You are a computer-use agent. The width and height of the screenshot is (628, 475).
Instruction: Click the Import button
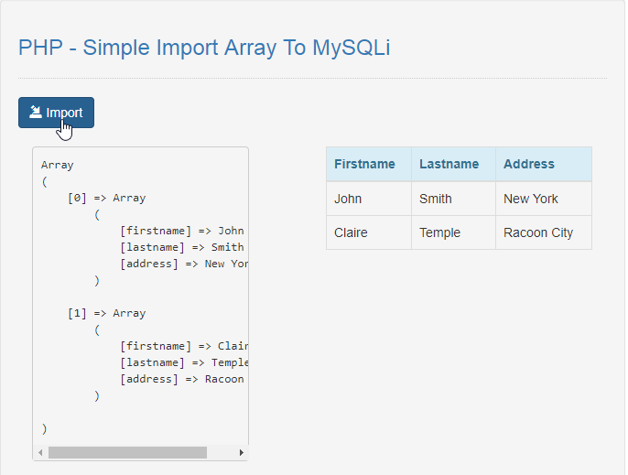point(56,113)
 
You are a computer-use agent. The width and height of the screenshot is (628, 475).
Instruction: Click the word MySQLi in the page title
point(351,48)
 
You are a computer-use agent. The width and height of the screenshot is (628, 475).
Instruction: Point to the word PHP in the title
point(40,48)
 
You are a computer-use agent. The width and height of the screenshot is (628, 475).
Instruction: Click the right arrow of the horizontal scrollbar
point(241,452)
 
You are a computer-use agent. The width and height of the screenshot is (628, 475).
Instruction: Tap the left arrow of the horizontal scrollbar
point(40,452)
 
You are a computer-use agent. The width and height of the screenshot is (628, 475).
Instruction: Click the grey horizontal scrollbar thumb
point(127,452)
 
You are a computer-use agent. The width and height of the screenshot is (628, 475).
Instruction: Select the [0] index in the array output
point(77,199)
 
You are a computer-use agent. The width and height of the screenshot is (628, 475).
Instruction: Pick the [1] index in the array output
point(77,313)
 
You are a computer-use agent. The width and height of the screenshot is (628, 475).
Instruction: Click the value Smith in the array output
point(227,247)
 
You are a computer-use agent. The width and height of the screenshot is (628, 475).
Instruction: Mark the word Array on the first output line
point(58,165)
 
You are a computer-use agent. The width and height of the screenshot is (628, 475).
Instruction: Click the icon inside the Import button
point(35,113)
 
